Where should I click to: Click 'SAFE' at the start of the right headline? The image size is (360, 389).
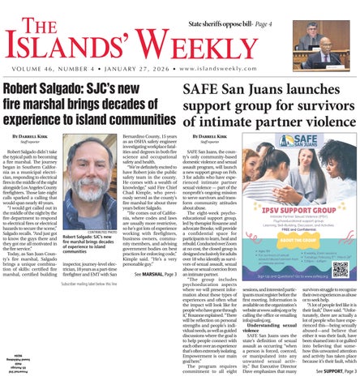click(204, 91)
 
